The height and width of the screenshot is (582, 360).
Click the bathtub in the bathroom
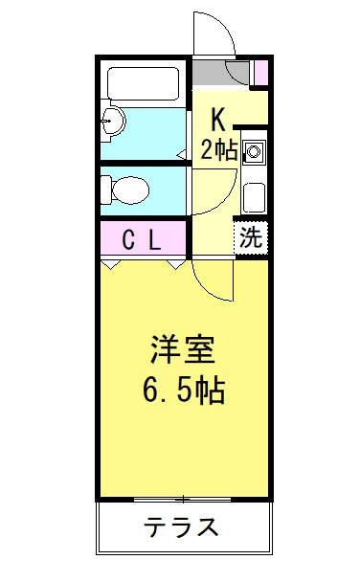[x=144, y=83]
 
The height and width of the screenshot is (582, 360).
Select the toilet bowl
[x=125, y=189]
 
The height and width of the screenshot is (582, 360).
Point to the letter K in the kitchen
[x=218, y=119]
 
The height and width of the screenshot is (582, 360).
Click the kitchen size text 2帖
[x=218, y=148]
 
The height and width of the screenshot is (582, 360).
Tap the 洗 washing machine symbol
[x=251, y=237]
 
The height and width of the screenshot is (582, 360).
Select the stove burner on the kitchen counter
[x=254, y=151]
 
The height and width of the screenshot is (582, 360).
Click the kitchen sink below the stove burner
[x=254, y=196]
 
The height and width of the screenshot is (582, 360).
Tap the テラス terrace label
[x=182, y=527]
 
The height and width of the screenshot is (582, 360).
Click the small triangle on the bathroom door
[x=181, y=153]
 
